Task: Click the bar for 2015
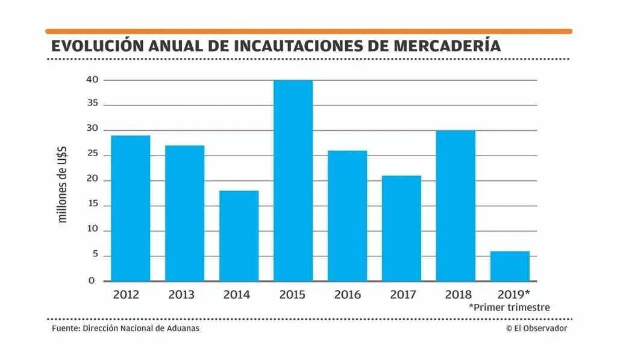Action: tap(293, 180)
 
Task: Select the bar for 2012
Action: tap(130, 208)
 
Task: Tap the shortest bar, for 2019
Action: tap(510, 266)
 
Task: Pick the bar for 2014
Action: tap(239, 236)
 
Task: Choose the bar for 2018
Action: tap(456, 206)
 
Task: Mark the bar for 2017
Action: tap(401, 228)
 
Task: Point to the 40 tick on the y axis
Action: tap(92, 80)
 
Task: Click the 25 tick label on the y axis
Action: tap(92, 155)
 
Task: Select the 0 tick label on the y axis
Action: tap(92, 280)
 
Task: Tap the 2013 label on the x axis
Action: tap(181, 295)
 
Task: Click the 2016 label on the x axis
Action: tap(348, 295)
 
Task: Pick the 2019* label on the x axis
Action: tap(513, 295)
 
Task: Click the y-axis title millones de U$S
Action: tap(63, 181)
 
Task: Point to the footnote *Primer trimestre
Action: tap(509, 308)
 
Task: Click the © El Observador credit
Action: tap(536, 328)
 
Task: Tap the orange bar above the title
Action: tap(308, 31)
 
